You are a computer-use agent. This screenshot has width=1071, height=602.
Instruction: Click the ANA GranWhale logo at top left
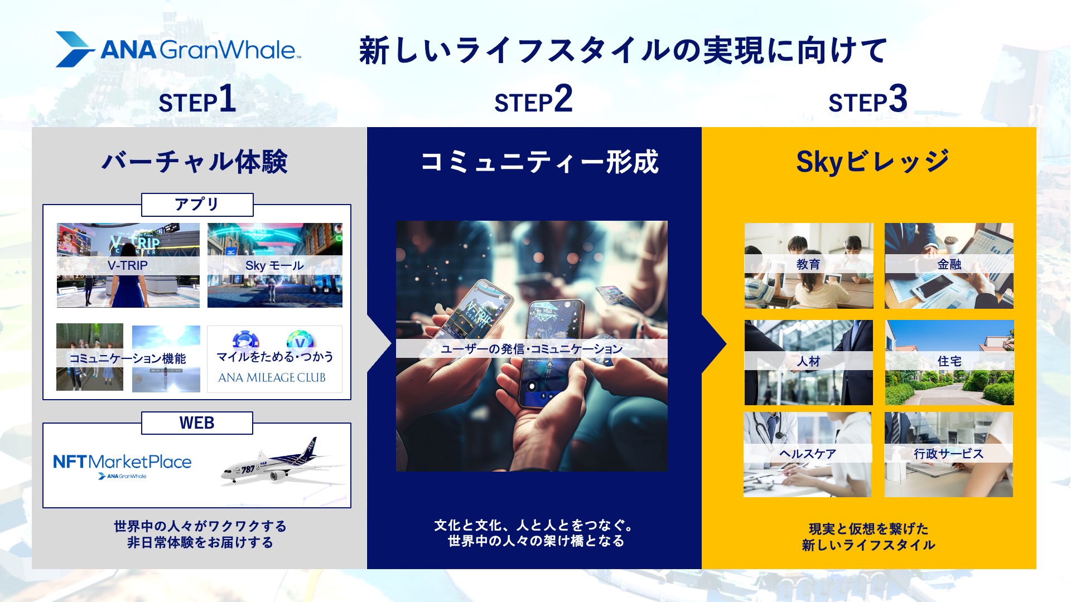(178, 49)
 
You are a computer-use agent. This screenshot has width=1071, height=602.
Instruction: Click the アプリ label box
(197, 205)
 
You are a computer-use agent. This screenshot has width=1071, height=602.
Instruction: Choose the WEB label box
(197, 423)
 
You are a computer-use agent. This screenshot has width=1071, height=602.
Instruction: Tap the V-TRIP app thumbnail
(128, 265)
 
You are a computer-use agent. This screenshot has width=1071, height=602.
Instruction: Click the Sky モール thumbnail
(275, 265)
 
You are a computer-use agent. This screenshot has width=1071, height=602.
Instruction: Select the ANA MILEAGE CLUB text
(272, 377)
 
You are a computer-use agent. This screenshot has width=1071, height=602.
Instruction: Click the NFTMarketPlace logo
(122, 465)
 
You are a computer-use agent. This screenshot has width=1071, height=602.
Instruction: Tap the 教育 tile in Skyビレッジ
(809, 266)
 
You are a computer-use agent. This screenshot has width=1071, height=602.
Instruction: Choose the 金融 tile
(949, 266)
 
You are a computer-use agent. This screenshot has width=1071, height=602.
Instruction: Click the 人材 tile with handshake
(809, 362)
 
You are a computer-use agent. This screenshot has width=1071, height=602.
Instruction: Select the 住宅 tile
(949, 362)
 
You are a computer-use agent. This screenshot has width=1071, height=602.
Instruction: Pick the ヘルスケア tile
(807, 454)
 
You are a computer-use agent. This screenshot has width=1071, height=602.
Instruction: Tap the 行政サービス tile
(949, 454)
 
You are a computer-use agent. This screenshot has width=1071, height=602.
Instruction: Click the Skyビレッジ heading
(872, 162)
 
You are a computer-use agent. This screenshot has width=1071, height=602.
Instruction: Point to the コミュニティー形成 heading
(539, 162)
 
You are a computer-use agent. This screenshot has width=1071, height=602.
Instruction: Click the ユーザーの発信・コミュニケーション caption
(532, 349)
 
